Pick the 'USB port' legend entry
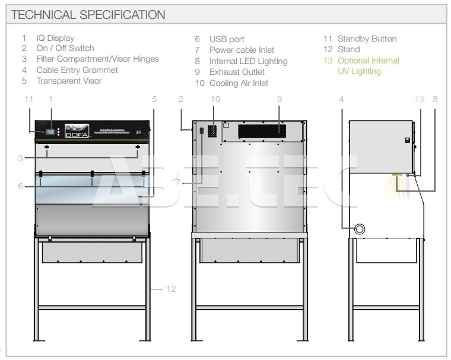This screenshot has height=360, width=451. [227, 39]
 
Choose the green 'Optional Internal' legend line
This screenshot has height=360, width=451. [368, 60]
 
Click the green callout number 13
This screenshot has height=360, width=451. [420, 99]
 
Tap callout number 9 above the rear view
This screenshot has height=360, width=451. [278, 99]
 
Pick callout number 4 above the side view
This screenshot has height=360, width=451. [342, 99]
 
